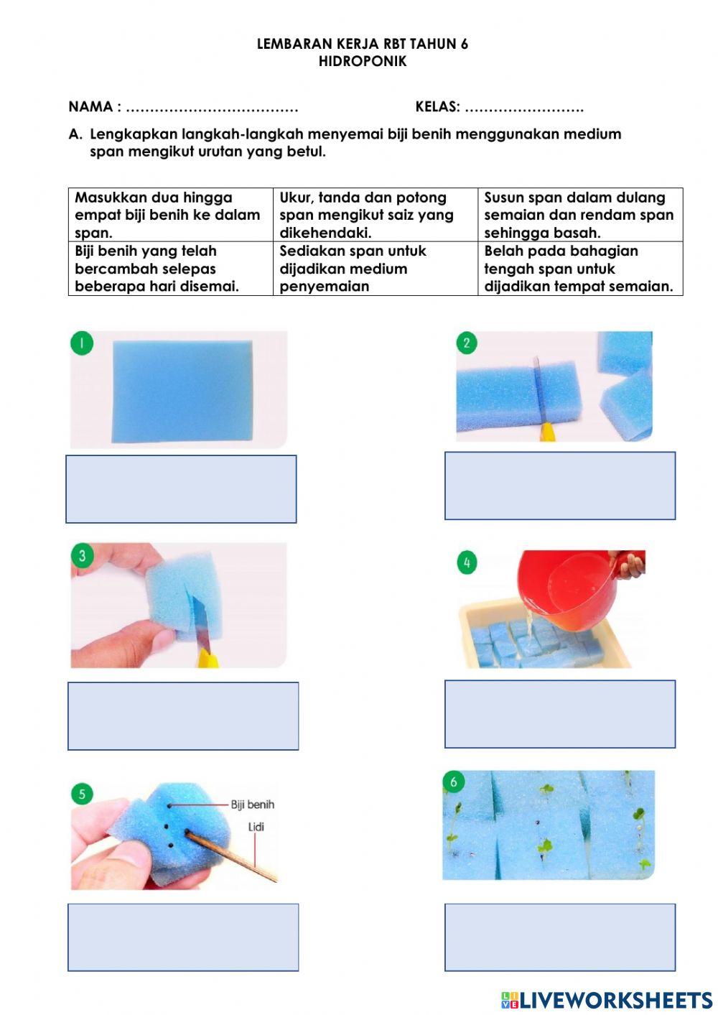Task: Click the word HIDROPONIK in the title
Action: (x=363, y=61)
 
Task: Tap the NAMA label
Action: (x=90, y=106)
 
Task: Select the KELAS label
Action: (x=437, y=106)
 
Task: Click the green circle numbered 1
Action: (x=82, y=343)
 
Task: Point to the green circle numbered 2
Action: (x=467, y=343)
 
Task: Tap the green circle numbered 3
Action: (x=83, y=555)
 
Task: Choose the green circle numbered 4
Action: (x=467, y=562)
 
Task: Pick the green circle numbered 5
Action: (x=83, y=794)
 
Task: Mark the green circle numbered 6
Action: (x=454, y=782)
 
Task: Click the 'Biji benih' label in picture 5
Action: (x=252, y=805)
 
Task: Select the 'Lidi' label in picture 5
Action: (x=256, y=827)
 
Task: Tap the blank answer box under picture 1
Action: (x=181, y=489)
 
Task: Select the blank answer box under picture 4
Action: (x=560, y=714)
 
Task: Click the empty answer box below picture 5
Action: (x=183, y=937)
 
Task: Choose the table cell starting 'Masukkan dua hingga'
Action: (x=171, y=215)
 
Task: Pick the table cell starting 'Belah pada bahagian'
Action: (x=580, y=269)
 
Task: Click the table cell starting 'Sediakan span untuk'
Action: (x=376, y=269)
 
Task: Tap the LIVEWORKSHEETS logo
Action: (x=607, y=1000)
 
